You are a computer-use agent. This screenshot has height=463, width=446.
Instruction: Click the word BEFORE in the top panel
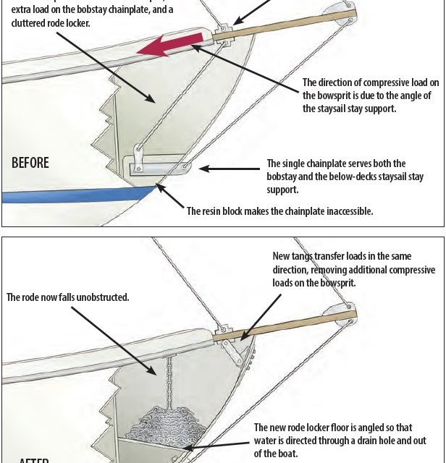point(30,163)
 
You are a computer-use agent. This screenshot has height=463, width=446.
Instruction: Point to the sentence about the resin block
point(279,211)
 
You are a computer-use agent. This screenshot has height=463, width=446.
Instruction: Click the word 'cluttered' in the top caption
point(23,23)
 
